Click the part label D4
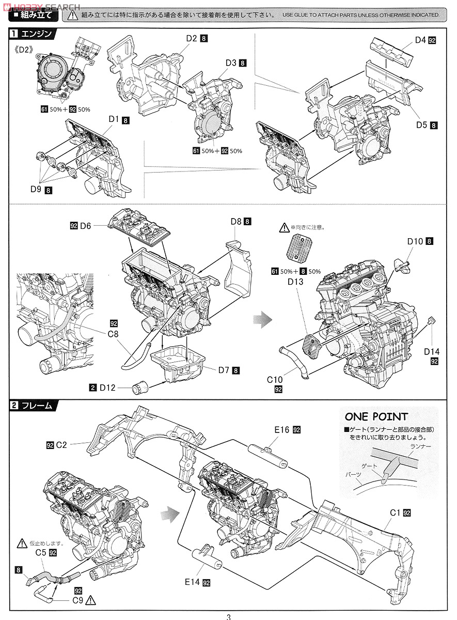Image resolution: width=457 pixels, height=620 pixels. [420, 39]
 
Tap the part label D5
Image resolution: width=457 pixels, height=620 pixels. [422, 125]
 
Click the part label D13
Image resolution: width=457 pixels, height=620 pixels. [296, 282]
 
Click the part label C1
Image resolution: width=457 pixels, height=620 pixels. [396, 513]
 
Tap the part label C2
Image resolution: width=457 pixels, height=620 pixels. [61, 444]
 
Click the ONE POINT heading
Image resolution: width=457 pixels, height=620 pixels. [376, 416]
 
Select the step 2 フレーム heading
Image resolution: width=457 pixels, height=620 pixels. [36, 406]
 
